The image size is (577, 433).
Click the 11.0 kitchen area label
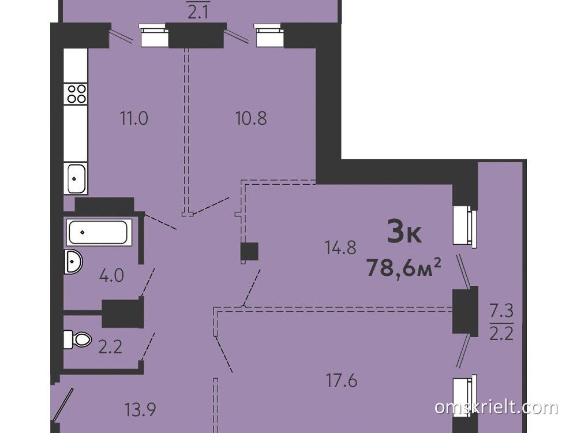(134, 118)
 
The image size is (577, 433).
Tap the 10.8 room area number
(251, 118)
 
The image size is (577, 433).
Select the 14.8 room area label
(340, 247)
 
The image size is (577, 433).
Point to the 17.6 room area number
(342, 380)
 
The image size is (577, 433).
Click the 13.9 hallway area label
(140, 409)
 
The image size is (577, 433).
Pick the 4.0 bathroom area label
(112, 275)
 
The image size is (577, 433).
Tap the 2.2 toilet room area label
(111, 347)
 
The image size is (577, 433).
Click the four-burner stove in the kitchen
(76, 93)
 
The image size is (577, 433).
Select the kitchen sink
(76, 178)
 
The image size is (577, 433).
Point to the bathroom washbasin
(73, 262)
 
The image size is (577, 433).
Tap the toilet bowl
(77, 339)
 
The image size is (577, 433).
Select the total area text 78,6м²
(404, 267)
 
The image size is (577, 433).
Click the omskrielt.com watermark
(496, 408)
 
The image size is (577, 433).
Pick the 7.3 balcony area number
(501, 312)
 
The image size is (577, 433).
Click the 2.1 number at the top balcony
(198, 13)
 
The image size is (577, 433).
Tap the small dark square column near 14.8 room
(249, 252)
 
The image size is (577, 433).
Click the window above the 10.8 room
(269, 35)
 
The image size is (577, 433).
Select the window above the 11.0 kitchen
(153, 35)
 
